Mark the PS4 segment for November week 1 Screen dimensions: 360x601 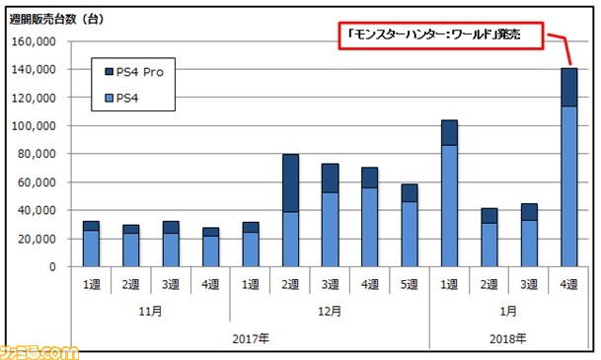tap(91, 248)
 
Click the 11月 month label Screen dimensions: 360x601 tap(150, 310)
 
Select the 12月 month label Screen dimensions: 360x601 tap(330, 310)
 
